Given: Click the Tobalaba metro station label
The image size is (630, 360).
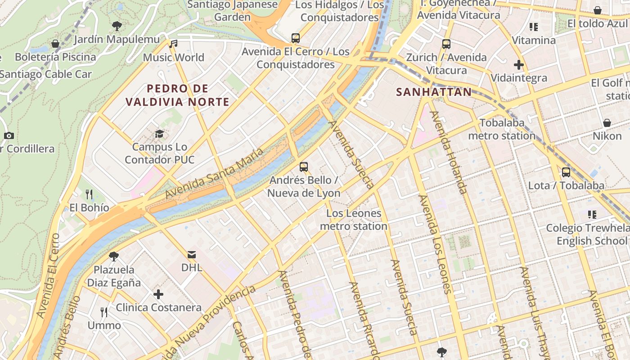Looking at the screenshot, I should pos(502,129).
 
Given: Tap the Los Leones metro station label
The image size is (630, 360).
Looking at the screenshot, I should pos(354,220).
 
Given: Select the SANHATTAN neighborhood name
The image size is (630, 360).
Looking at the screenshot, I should pos(434,92).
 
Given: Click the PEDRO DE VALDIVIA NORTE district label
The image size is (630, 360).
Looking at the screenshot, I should pos(177,95).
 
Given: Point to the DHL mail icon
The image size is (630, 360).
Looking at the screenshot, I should pos(192,255).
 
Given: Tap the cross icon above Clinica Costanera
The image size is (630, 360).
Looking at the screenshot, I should pos(158,295).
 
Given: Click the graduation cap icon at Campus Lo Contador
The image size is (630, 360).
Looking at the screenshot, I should pos(159,134).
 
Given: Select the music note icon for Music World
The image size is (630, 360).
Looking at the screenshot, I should pos(173,44).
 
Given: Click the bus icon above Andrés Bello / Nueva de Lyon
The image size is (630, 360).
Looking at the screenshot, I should pos(304,167).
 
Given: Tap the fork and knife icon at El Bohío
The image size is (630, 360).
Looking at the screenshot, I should pos(89,194).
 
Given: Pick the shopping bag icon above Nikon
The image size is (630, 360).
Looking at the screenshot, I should pos(607,123).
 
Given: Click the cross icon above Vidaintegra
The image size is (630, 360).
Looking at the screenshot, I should pos(519,65).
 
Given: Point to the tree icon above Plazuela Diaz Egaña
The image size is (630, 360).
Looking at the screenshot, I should pos(114,256).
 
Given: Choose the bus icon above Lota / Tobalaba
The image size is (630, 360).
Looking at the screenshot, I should pos(566,172).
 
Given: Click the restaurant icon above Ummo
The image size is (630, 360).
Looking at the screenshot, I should pos(104,312).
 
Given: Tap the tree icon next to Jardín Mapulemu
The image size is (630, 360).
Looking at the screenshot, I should pos(117,26).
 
